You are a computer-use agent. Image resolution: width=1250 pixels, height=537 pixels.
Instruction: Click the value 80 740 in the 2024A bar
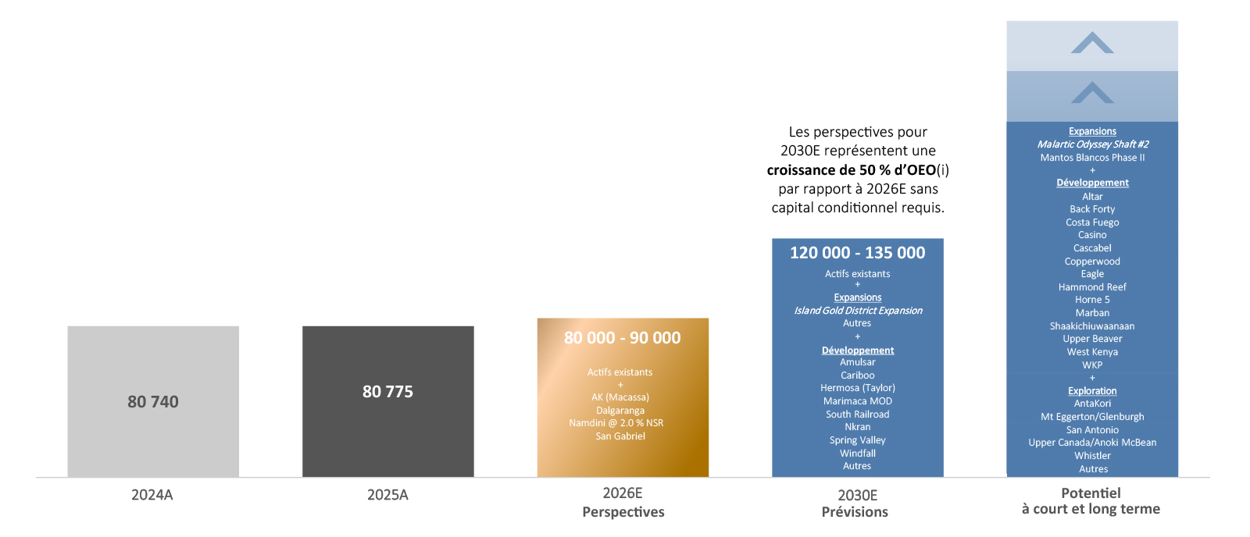coord(153,402)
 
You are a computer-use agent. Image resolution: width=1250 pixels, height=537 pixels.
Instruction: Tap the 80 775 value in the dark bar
coord(387,392)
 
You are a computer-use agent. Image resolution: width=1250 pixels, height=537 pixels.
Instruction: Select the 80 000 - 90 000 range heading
coord(623,338)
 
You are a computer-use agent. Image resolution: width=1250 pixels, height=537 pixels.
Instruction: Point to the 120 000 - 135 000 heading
coord(857,253)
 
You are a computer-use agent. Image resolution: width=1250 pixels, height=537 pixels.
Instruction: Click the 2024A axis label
coord(152,495)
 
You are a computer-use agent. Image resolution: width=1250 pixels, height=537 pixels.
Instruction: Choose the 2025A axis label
coord(387,495)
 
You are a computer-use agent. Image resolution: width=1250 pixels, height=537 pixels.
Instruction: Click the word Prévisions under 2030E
coord(855,512)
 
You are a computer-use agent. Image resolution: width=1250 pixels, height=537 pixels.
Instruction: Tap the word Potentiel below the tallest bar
coord(1091,493)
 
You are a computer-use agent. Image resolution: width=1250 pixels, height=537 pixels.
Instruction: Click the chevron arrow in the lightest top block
coord(1092,43)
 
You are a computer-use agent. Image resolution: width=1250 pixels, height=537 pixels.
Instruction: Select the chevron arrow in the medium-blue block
coord(1092,93)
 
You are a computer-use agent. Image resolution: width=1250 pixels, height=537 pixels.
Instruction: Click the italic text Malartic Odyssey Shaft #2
coord(1092,144)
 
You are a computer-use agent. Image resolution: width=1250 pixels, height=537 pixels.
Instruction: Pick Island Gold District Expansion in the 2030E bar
coord(858,311)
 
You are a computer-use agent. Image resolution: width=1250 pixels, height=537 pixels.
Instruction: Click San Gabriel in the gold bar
coord(620,436)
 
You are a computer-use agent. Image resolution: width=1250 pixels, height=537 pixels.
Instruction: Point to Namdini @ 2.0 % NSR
coord(616,423)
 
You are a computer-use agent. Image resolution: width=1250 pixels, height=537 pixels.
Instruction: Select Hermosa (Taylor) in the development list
coord(858,388)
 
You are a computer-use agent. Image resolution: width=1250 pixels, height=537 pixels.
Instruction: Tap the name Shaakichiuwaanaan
coord(1092,326)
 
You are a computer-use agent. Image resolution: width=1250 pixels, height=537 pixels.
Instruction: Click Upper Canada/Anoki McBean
coord(1092,443)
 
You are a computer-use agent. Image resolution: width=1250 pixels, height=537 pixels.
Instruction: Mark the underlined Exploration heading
coord(1092,391)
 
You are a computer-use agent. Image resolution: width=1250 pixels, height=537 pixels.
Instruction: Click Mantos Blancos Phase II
coord(1092,158)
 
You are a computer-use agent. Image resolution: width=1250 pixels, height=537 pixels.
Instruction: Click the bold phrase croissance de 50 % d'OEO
coord(852,170)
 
